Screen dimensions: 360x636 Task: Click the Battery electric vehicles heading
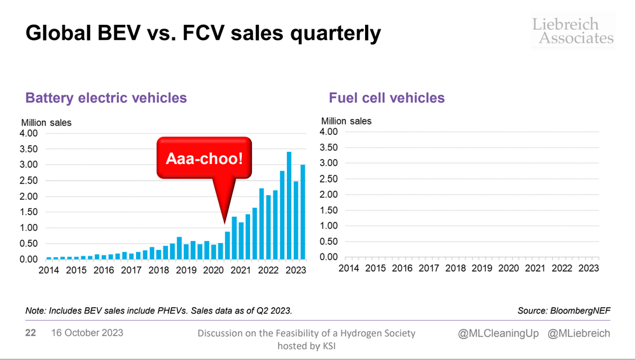click(x=106, y=98)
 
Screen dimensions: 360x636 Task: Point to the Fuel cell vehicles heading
click(x=387, y=98)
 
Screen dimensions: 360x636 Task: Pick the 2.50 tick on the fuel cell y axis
click(x=328, y=179)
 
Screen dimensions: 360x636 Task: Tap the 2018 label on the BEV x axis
click(x=158, y=270)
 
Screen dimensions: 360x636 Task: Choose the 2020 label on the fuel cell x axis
click(x=509, y=268)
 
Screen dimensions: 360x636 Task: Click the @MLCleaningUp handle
click(x=494, y=334)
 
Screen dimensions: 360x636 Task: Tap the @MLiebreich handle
click(x=579, y=334)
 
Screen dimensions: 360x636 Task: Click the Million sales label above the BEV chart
click(x=46, y=122)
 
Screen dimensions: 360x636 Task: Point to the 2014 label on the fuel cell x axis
click(x=349, y=268)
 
